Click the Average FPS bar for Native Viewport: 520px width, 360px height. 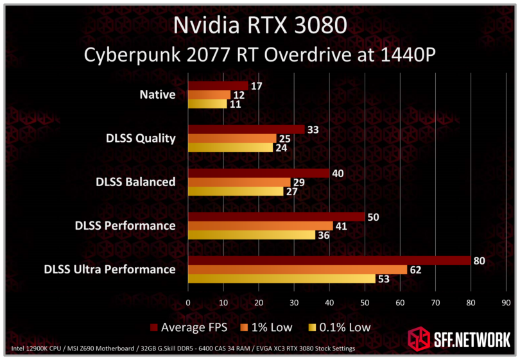point(218,86)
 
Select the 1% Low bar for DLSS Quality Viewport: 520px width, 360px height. point(232,139)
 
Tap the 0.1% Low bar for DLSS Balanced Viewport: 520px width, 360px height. point(236,191)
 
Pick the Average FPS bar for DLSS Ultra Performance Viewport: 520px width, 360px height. point(329,261)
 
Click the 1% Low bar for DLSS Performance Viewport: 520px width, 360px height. point(260,226)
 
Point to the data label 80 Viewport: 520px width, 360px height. point(478,261)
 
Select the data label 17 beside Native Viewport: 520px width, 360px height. point(256,86)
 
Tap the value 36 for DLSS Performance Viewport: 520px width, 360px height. point(323,235)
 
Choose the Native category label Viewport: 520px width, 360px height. point(157,95)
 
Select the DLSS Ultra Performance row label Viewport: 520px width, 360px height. point(109,269)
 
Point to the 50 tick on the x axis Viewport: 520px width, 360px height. point(365,302)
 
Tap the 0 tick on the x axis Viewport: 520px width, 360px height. point(188,302)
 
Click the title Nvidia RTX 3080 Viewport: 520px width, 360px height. point(260,26)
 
